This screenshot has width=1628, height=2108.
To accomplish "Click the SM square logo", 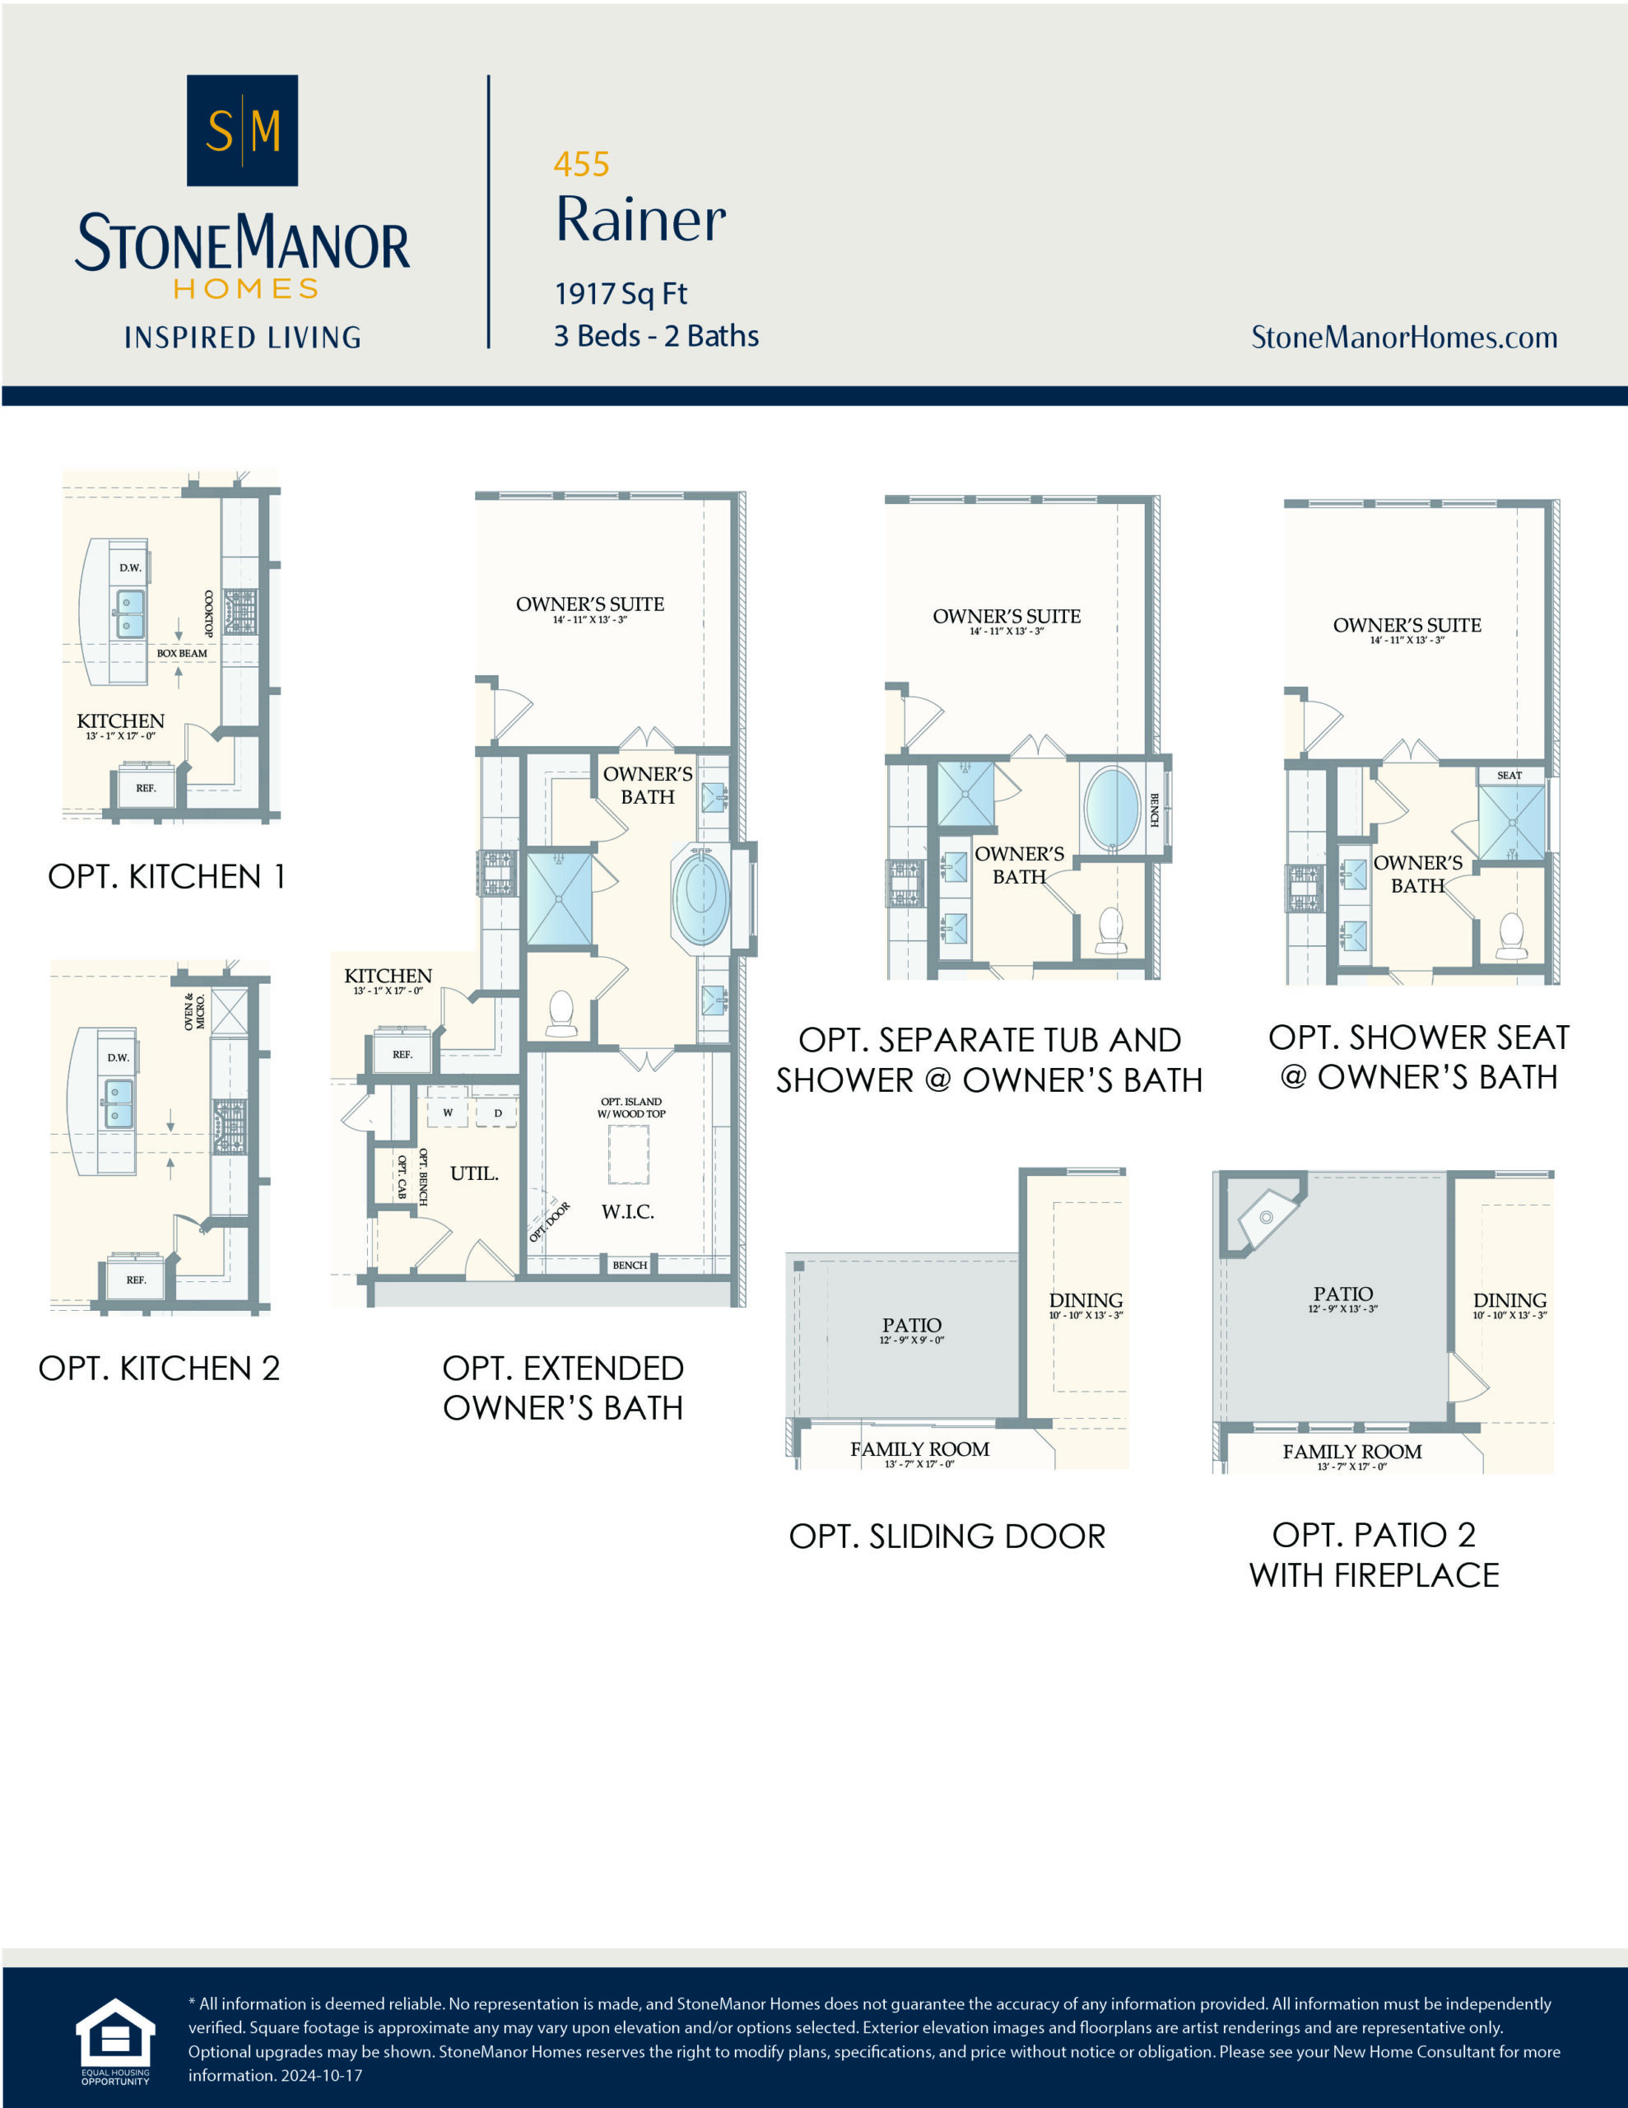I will [x=241, y=130].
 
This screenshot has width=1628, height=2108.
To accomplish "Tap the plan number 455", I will [x=581, y=164].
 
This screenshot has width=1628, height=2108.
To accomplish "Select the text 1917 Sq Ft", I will [x=621, y=293].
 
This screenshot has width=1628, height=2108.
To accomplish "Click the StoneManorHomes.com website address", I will [x=1403, y=337].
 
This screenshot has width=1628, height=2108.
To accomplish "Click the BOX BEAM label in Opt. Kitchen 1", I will [x=181, y=654].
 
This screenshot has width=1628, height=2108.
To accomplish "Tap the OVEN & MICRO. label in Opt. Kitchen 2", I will [x=195, y=1011].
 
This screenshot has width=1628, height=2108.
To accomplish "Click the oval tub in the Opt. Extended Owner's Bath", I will [x=701, y=901].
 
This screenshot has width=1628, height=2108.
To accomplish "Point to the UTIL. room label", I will [x=474, y=1173].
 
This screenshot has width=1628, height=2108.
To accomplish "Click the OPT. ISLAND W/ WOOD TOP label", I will [x=631, y=1107].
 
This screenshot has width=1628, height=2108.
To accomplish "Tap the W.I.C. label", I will [x=627, y=1211].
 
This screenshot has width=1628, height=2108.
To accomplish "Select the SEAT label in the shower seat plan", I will [x=1509, y=775].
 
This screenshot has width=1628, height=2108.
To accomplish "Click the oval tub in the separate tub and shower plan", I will [x=1112, y=809].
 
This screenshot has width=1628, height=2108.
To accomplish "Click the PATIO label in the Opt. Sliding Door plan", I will [x=911, y=1325].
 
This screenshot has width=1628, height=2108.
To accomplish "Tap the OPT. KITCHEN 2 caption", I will [x=159, y=1368].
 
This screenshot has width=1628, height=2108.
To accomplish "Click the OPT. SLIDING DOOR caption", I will [x=947, y=1537].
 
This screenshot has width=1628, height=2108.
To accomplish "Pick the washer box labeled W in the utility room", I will [x=448, y=1112].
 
